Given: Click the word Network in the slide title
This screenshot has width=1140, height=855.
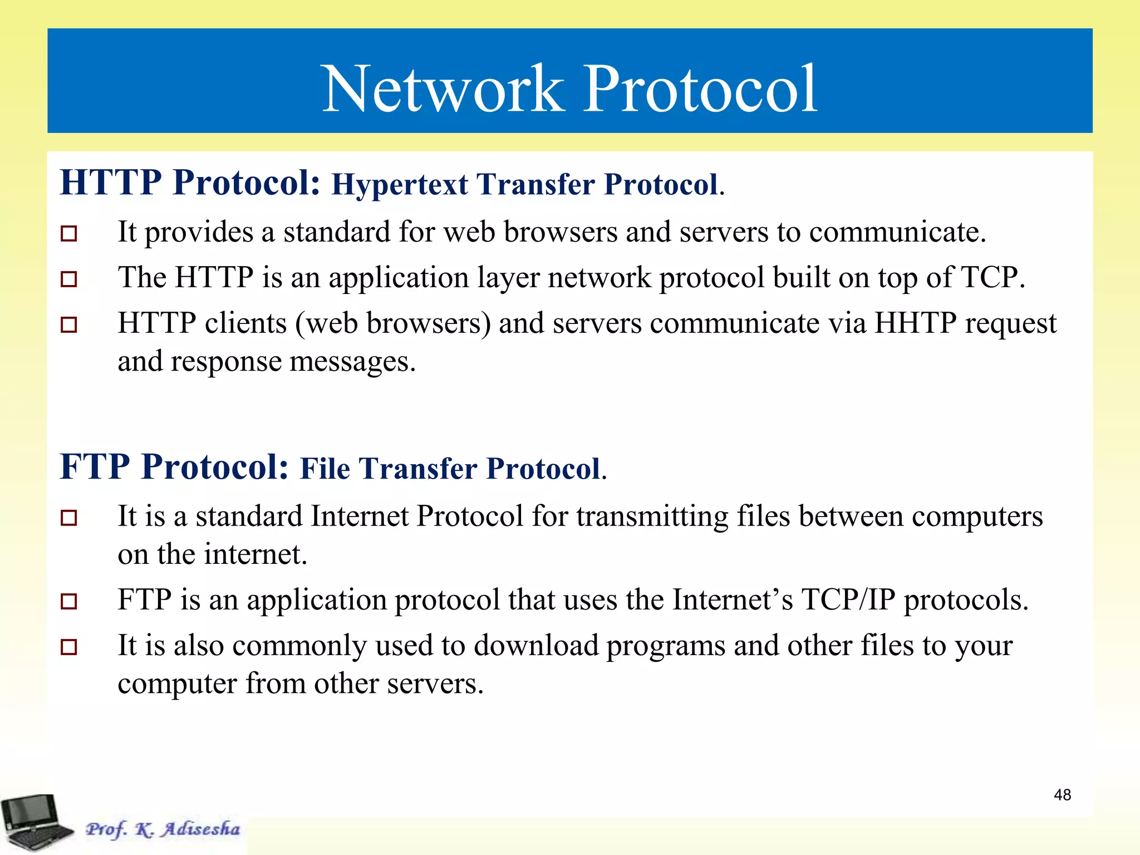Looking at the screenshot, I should click(442, 89).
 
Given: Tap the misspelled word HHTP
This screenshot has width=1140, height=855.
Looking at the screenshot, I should click(915, 323).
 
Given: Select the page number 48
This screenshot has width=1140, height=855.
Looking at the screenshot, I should click(1062, 795).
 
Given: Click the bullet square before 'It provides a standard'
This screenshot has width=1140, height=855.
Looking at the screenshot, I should click(68, 233).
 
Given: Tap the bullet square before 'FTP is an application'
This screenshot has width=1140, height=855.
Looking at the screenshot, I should click(68, 601).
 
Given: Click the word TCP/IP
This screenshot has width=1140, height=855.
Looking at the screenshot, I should click(848, 600).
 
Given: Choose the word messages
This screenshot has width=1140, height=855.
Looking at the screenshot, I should click(348, 362).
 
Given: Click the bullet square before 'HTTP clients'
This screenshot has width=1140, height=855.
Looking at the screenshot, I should click(68, 325).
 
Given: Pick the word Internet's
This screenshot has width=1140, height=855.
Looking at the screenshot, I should click(733, 600).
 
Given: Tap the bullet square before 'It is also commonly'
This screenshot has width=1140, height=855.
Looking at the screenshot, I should click(68, 647).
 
